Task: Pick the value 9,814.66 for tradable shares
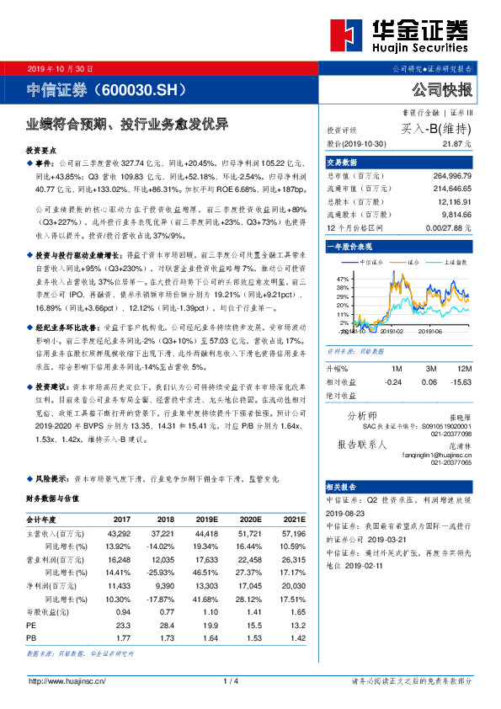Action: point(455,215)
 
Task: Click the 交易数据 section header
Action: point(343,162)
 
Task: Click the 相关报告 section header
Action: point(343,487)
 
